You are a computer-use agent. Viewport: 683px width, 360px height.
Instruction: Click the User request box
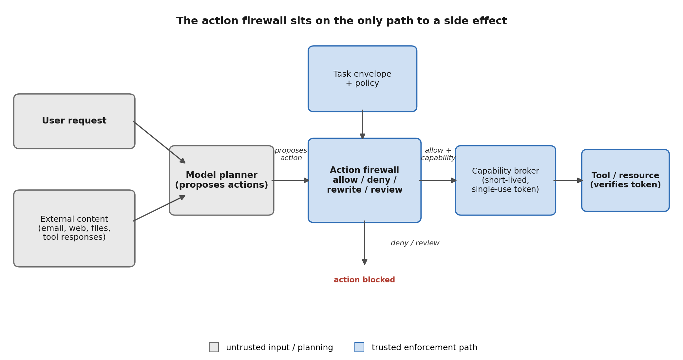point(74,121)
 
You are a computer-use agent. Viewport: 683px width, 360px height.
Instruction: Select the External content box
point(74,228)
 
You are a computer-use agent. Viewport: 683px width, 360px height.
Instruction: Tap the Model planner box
point(221,180)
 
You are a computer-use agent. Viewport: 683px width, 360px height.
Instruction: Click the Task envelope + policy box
point(362,79)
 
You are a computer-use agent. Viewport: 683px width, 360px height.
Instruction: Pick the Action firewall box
point(365,180)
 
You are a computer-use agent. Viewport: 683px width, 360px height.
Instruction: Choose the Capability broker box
point(505,180)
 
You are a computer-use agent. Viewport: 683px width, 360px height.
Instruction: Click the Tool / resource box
point(625,180)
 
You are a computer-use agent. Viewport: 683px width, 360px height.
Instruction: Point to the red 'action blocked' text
point(364,280)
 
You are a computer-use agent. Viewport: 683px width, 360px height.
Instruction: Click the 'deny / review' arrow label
point(415,243)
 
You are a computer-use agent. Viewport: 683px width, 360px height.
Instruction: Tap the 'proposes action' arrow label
point(291,154)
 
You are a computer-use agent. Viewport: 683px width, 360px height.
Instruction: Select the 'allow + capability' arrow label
point(438,154)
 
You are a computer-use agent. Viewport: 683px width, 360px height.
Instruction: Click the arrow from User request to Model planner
point(159,142)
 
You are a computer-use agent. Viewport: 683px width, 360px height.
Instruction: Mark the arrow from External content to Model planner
point(159,208)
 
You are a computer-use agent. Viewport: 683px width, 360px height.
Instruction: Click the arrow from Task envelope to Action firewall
point(362,124)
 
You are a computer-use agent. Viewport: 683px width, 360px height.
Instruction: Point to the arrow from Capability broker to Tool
point(568,180)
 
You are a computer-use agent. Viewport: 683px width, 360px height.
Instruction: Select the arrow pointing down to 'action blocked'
point(365,243)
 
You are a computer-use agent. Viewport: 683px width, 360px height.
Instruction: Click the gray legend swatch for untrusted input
point(214,347)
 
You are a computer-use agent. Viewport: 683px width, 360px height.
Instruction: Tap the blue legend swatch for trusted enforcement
point(359,347)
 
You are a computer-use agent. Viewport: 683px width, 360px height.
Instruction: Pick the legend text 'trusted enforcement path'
point(425,348)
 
